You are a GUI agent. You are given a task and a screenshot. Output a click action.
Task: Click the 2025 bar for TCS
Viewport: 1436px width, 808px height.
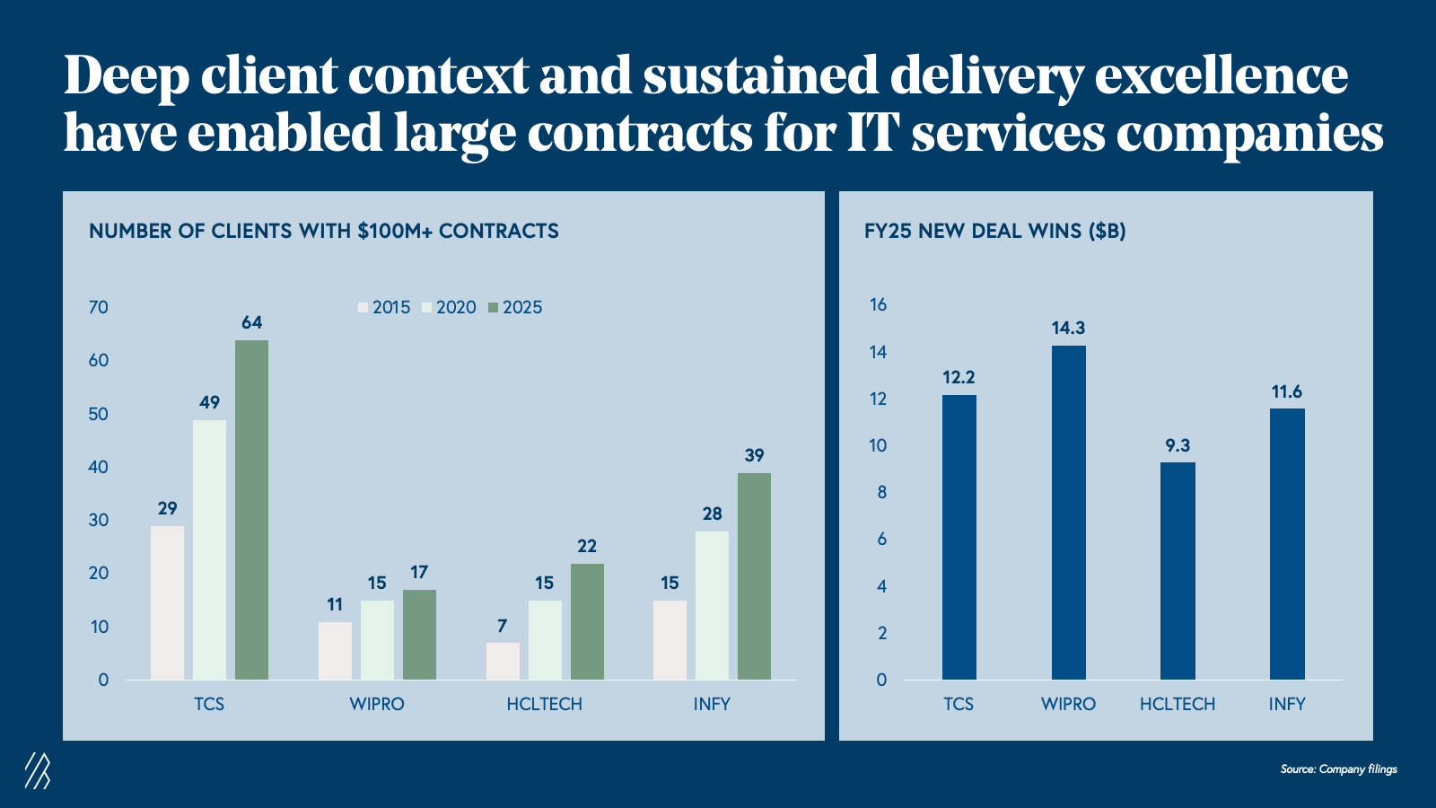pyautogui.click(x=251, y=509)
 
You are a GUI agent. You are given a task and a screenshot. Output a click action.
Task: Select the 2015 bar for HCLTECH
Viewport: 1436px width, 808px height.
pyautogui.click(x=503, y=661)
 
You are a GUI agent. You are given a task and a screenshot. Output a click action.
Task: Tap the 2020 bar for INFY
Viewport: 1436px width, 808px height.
pyautogui.click(x=712, y=605)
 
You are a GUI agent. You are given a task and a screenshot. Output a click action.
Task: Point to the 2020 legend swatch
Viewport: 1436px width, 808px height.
pyautogui.click(x=427, y=308)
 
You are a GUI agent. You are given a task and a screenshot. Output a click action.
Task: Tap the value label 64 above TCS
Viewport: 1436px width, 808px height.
pyautogui.click(x=251, y=322)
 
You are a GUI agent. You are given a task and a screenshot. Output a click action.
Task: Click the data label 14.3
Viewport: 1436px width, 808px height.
pyautogui.click(x=1068, y=328)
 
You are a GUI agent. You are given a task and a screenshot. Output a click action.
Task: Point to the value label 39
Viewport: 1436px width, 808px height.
pyautogui.click(x=754, y=455)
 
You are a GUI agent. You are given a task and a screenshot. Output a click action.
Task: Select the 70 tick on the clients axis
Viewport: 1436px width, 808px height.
pyautogui.click(x=99, y=307)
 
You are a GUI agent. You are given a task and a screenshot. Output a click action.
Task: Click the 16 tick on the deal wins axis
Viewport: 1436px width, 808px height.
pyautogui.click(x=878, y=304)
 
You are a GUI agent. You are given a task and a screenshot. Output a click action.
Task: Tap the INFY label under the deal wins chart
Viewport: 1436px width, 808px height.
pyautogui.click(x=1286, y=704)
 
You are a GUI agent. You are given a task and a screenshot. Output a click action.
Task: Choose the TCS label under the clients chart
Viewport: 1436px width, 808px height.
pyautogui.click(x=209, y=704)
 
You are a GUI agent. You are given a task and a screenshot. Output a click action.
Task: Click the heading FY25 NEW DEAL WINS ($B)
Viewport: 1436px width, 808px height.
pyautogui.click(x=994, y=231)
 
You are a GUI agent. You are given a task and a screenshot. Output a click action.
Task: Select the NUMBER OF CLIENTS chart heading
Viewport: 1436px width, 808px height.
pyautogui.click(x=323, y=231)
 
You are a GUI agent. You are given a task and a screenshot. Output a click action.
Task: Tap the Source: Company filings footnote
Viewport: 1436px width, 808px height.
pyautogui.click(x=1338, y=768)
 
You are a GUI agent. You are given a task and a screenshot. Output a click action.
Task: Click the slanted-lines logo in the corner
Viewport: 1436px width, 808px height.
pyautogui.click(x=37, y=770)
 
